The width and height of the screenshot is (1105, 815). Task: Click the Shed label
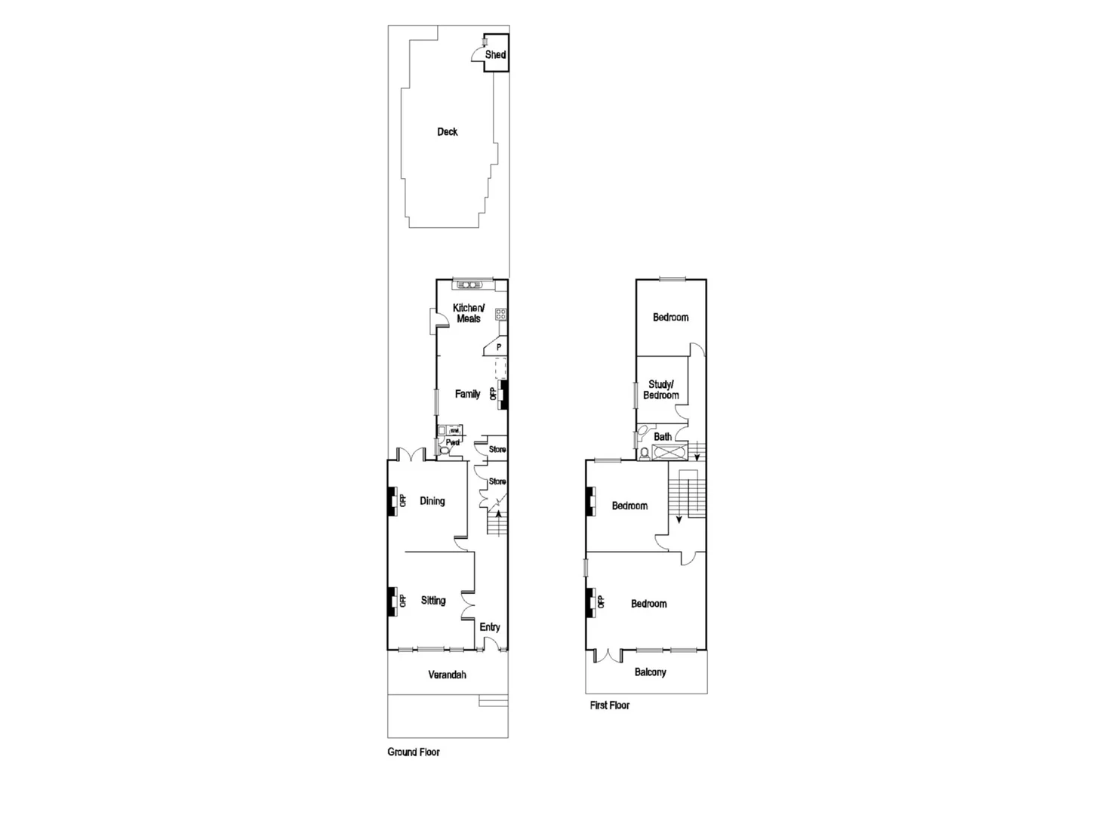(x=495, y=54)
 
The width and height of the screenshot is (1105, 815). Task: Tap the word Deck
(x=448, y=131)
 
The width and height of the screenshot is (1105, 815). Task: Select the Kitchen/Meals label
(x=469, y=313)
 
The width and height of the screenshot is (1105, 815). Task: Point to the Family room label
(x=467, y=394)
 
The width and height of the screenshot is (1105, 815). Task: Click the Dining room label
(x=432, y=501)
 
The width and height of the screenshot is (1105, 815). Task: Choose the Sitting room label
(x=433, y=601)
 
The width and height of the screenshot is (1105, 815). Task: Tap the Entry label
(x=490, y=627)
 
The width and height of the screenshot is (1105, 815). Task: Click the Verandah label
(x=447, y=675)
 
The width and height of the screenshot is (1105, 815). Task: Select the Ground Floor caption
(x=414, y=752)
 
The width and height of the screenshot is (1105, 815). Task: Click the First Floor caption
(x=610, y=706)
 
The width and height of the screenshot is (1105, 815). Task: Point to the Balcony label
(x=650, y=672)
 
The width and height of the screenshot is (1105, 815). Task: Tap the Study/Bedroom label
(x=661, y=389)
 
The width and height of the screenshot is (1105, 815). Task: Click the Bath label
(x=663, y=437)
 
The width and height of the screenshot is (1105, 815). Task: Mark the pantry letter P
(x=499, y=347)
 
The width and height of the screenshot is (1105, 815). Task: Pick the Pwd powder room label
(x=453, y=442)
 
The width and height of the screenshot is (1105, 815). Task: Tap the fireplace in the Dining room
(x=392, y=501)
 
